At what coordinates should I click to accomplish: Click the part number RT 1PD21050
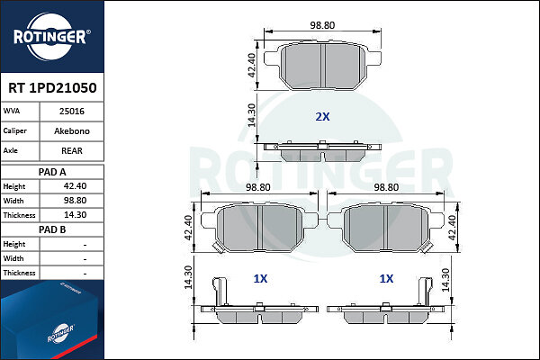tap(52, 88)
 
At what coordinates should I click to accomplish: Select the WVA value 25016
tap(72, 112)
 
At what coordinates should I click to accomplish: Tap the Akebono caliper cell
tap(72, 130)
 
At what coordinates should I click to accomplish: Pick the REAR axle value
tap(72, 150)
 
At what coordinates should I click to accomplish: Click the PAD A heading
tap(52, 172)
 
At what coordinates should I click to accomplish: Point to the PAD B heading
tap(52, 229)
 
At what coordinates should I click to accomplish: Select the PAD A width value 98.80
tap(75, 201)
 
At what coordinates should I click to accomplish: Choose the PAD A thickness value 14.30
tap(75, 215)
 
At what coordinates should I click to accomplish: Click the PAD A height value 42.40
tap(75, 186)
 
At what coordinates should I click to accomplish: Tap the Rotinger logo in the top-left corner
tap(51, 37)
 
